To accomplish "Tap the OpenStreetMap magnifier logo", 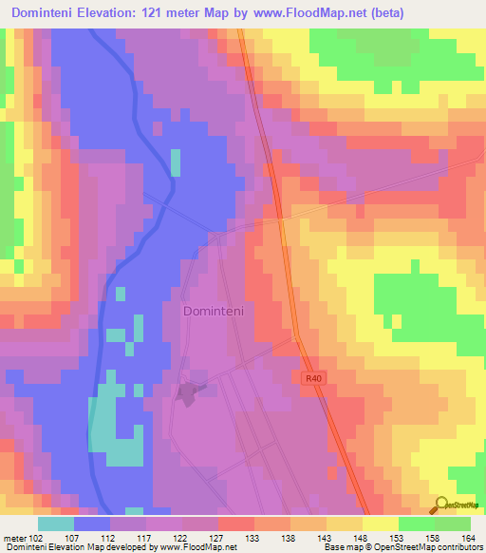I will point(440,505).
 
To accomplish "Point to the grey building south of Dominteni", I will point(187,391).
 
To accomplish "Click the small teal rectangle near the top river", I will point(175,162).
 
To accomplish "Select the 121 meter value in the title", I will point(181,13).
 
